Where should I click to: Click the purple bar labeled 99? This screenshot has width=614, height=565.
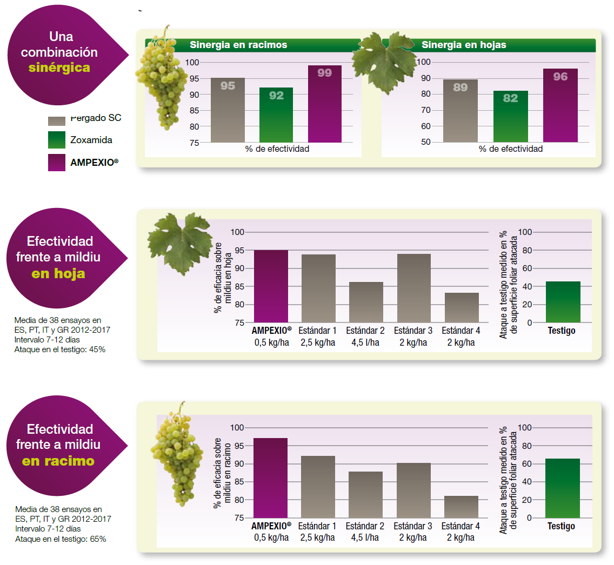click(x=325, y=104)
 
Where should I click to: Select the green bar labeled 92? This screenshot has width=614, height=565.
click(x=276, y=115)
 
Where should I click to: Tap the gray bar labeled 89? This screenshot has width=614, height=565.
click(x=460, y=111)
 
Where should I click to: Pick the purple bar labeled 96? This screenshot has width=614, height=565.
click(x=560, y=105)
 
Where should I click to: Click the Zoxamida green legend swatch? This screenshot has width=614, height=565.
click(x=56, y=140)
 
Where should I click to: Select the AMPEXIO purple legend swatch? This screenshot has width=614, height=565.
click(x=56, y=163)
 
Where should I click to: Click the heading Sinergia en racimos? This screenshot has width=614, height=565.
click(x=238, y=45)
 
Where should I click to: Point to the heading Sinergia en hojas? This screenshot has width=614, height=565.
click(x=464, y=45)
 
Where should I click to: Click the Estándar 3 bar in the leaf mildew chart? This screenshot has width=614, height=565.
click(x=414, y=288)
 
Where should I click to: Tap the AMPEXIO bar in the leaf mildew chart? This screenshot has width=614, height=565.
click(x=271, y=286)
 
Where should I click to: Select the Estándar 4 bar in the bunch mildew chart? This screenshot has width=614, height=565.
click(x=461, y=507)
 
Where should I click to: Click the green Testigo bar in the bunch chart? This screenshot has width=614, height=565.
click(x=562, y=488)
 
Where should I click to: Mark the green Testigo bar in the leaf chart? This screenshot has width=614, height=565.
click(x=563, y=301)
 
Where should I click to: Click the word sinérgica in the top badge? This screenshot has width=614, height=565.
click(x=59, y=68)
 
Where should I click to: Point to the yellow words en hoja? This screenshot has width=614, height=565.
click(x=58, y=273)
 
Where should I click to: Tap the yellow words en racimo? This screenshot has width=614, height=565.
click(x=58, y=461)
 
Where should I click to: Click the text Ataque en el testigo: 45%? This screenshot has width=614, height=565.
click(x=60, y=349)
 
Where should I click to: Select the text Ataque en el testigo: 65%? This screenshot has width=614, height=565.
click(x=61, y=539)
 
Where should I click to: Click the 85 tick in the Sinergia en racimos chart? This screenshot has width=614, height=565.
click(x=194, y=111)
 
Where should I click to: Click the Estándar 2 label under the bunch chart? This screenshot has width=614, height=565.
click(x=365, y=526)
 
